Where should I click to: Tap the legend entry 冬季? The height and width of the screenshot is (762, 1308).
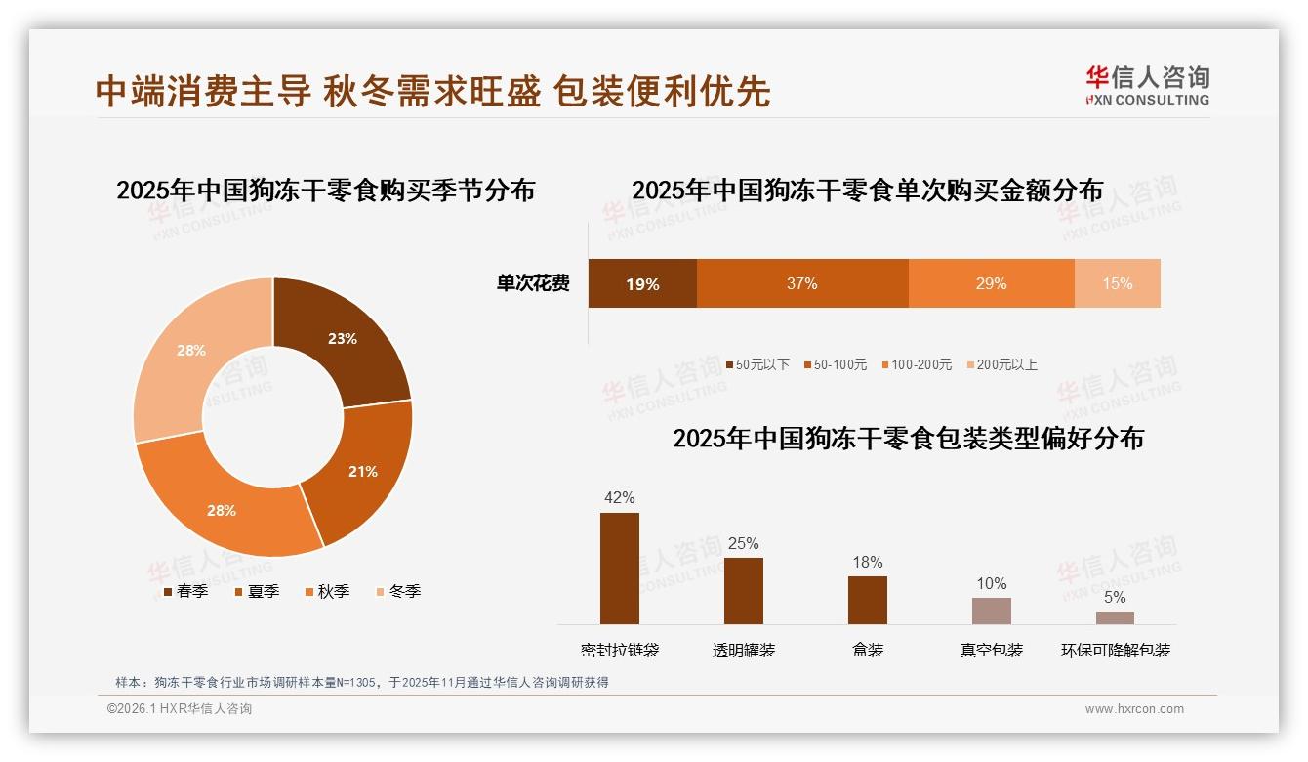point(399,592)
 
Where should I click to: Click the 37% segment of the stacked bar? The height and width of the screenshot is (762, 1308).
point(801,284)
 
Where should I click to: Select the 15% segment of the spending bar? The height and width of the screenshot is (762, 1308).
point(1117,284)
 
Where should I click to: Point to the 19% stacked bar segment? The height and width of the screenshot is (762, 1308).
point(642,284)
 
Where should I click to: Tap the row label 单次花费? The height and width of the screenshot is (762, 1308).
point(533,284)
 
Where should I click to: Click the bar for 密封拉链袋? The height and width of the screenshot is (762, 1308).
point(619,569)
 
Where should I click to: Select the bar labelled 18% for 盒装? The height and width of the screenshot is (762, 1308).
point(867,600)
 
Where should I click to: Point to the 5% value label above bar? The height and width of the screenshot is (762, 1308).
point(1115,598)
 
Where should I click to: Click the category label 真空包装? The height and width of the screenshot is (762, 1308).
point(991,651)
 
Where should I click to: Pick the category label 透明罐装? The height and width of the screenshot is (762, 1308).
point(743,651)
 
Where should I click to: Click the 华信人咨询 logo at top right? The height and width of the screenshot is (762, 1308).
point(1147,85)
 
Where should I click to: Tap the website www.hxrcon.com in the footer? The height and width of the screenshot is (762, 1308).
point(1134,709)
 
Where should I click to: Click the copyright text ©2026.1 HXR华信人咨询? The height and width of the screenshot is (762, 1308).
point(180,709)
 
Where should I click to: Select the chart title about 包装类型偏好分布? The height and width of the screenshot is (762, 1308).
point(908,438)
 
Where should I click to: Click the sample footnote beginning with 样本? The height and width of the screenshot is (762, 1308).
point(361,682)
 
